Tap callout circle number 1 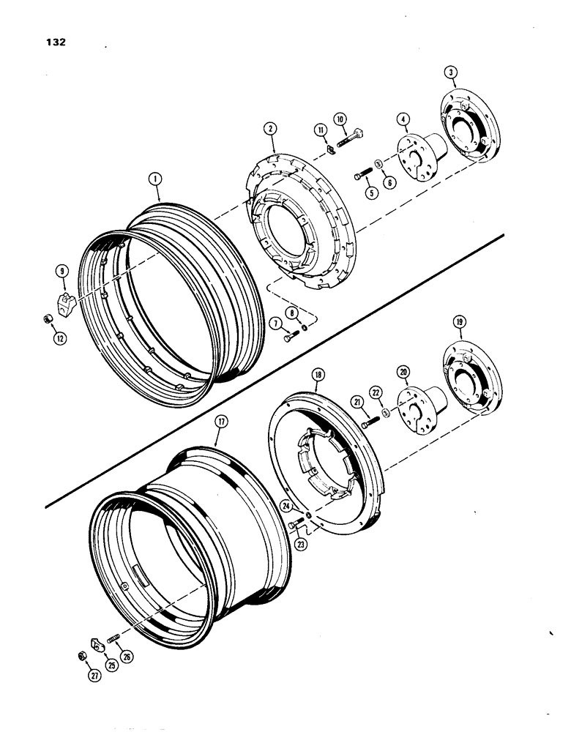154,178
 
